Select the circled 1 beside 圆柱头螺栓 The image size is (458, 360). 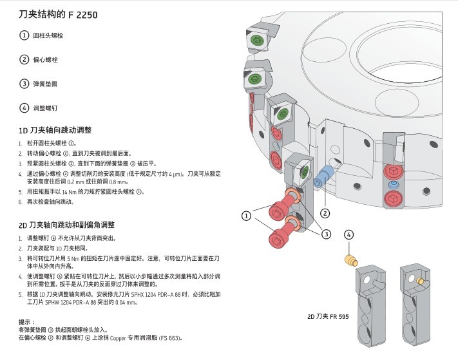[x=24, y=36]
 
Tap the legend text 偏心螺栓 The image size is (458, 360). [x=46, y=60]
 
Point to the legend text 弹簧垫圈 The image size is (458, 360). [x=46, y=84]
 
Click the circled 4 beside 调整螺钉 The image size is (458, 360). [x=24, y=108]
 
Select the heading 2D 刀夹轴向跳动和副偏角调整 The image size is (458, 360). [x=66, y=225]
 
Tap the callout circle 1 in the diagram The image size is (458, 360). [x=247, y=215]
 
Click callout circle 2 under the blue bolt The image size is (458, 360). [x=325, y=213]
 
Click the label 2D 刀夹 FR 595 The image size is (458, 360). [x=327, y=317]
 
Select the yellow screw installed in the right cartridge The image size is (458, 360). [x=421, y=281]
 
